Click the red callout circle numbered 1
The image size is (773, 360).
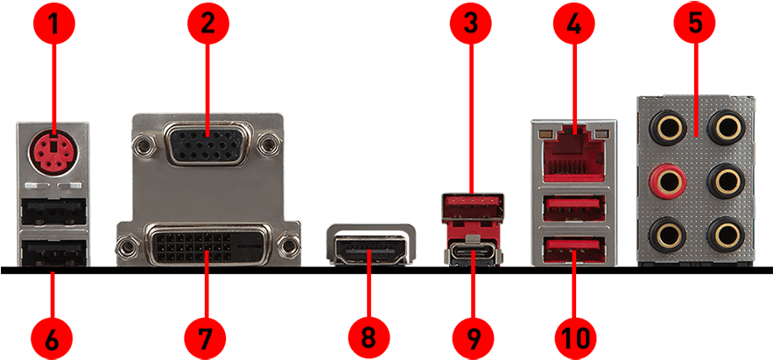53,22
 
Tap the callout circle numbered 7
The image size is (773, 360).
206,338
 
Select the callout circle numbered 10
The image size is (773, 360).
573,338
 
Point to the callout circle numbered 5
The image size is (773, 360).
694,22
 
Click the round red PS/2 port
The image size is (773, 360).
53,151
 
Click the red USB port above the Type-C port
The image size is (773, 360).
473,206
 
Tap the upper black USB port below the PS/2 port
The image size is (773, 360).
53,208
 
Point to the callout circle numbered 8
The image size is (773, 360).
369,338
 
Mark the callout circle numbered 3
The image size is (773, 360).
471,22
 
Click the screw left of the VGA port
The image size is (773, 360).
145,145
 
